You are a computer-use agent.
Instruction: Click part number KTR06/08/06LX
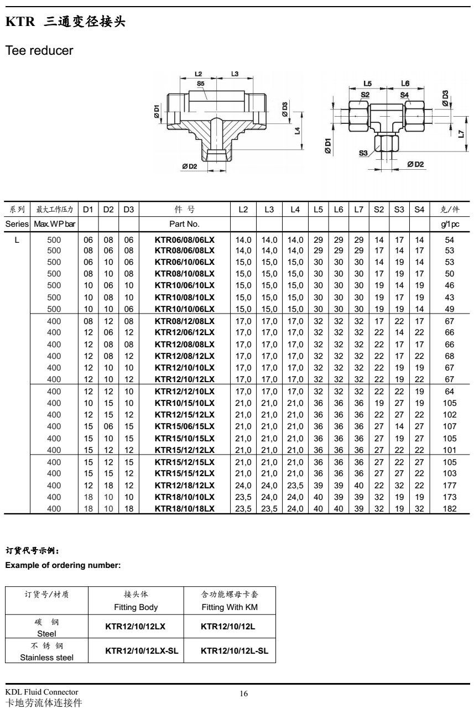(184, 240)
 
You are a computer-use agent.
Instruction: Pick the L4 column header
(295, 210)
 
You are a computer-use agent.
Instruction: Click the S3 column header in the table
(398, 210)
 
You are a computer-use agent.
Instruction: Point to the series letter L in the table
(17, 240)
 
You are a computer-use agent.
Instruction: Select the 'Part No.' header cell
(184, 225)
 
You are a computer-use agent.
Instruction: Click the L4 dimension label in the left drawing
(296, 131)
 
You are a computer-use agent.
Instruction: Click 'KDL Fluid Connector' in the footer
(41, 692)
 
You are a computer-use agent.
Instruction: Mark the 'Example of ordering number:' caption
(62, 565)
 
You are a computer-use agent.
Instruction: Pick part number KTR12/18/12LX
(184, 501)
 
